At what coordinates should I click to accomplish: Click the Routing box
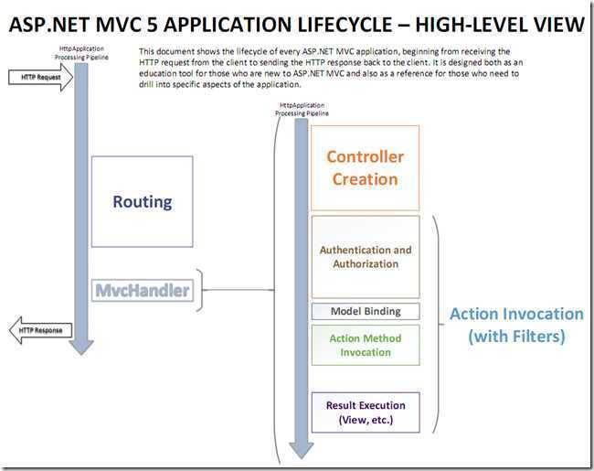pos(142,201)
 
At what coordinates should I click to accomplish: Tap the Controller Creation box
pos(365,168)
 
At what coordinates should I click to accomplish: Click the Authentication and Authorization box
pos(365,257)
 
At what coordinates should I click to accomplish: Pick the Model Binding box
pos(365,311)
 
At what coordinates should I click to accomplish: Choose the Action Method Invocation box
pos(365,346)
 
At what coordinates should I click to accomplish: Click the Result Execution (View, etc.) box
pos(365,412)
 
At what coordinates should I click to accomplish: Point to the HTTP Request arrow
pos(39,79)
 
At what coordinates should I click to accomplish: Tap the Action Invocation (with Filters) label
pos(516,325)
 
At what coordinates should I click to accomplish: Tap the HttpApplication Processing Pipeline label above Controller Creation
pos(301,111)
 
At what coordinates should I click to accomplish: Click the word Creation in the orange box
pos(365,180)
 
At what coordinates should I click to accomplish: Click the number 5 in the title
pos(150,24)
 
